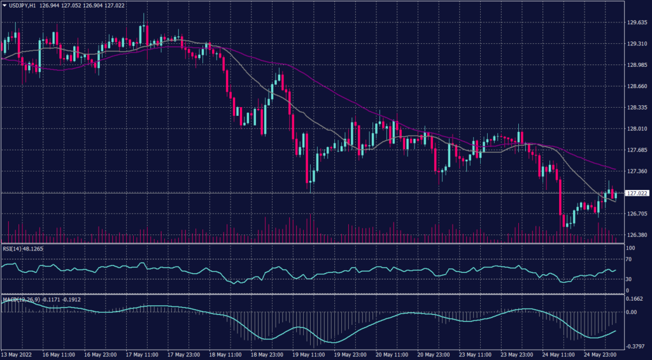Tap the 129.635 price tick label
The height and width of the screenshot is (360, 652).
click(637, 23)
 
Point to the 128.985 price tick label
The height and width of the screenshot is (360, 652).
click(637, 65)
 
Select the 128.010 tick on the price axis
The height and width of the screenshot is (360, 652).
click(637, 129)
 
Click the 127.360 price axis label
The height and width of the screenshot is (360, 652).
click(637, 171)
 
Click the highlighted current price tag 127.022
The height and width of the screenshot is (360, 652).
click(637, 193)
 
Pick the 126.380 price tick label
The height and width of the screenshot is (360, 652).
click(637, 235)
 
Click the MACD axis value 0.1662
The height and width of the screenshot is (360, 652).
click(635, 298)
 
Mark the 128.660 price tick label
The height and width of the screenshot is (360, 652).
click(637, 87)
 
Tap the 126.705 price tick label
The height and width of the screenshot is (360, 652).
click(637, 214)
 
